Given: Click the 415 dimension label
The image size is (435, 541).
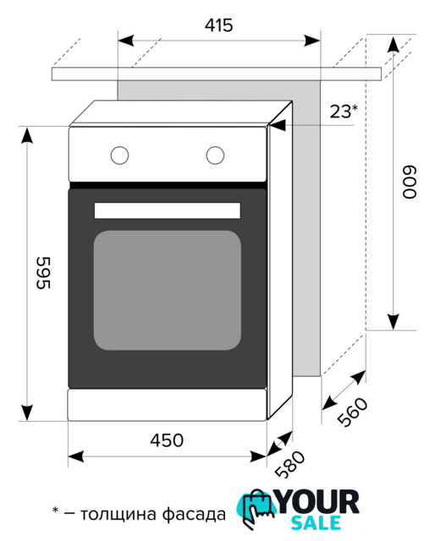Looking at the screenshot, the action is (x=218, y=25).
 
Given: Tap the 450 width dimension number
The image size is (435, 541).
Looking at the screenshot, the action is (x=167, y=440).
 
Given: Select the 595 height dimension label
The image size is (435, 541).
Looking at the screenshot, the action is (x=44, y=272).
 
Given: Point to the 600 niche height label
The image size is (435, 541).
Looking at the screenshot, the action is (x=410, y=182).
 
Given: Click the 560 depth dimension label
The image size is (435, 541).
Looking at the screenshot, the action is (x=352, y=412).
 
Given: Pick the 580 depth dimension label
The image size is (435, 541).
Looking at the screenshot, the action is (x=290, y=464).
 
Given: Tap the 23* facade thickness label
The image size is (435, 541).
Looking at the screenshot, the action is (x=344, y=111).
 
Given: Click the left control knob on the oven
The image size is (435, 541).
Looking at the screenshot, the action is (x=119, y=155).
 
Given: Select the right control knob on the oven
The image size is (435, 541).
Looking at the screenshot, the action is (x=215, y=155).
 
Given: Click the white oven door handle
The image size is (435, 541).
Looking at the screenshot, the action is (x=168, y=210).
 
